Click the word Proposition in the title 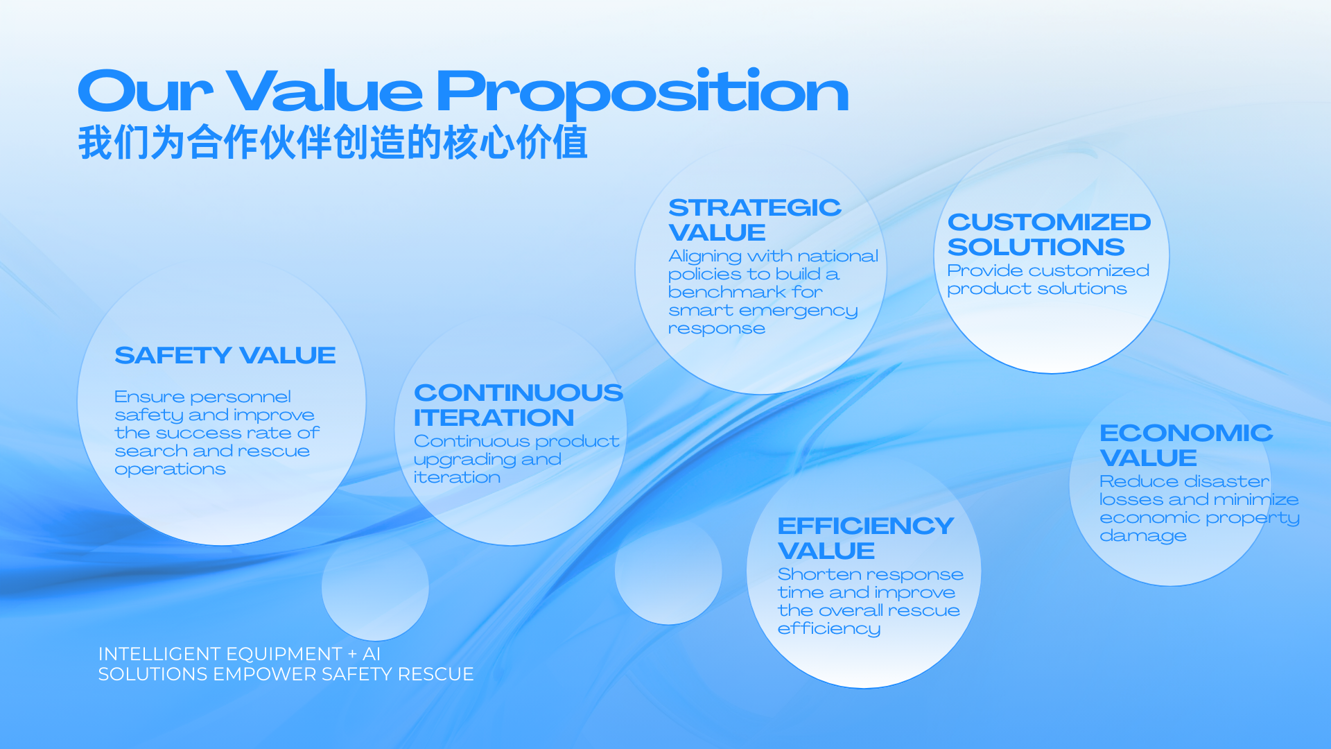[x=642, y=92]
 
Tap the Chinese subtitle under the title [x=333, y=143]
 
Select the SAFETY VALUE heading [x=225, y=355]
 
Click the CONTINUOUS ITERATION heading [x=519, y=405]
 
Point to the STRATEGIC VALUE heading [x=755, y=220]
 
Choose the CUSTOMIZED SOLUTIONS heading [x=1049, y=234]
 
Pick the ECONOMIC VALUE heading [x=1186, y=445]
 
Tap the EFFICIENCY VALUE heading [x=866, y=538]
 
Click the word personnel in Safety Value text [x=241, y=397]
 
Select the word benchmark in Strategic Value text [x=727, y=292]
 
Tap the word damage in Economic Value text [x=1143, y=537]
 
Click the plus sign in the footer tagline [x=352, y=654]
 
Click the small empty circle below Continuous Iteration [x=375, y=587]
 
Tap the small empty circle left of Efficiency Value [x=668, y=571]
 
